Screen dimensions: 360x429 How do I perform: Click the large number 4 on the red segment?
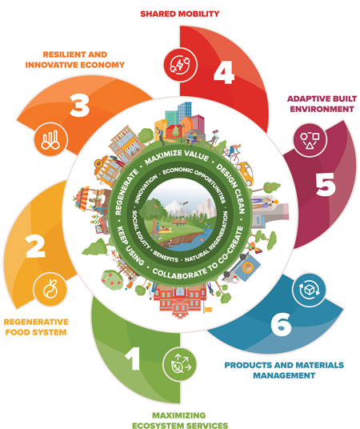pos(224,72)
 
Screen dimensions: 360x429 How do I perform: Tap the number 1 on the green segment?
pos(134,359)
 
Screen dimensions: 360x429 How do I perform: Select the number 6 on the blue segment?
pos(281,324)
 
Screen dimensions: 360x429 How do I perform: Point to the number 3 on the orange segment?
pos(80,106)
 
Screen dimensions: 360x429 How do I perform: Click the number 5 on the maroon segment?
pos(326,184)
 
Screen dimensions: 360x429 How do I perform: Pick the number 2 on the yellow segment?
pos(35,247)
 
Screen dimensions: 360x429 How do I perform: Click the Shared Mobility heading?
pos(180,14)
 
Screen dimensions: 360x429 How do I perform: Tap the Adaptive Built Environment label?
pos(322,104)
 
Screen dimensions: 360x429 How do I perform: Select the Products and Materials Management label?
pos(284,371)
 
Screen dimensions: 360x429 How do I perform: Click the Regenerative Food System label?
pos(36,327)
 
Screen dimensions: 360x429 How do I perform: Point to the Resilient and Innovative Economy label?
pos(74,60)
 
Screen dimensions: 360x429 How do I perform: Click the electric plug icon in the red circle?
pos(180,65)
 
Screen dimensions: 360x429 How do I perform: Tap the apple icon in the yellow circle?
pos(50,289)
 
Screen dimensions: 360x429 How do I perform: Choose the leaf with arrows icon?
pos(180,364)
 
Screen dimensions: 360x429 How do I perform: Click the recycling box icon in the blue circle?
pos(309,290)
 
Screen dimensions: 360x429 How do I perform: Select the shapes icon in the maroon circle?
pos(310,140)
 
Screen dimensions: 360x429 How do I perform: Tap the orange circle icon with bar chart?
pos(50,140)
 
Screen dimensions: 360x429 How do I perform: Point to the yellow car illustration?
pos(245,173)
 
